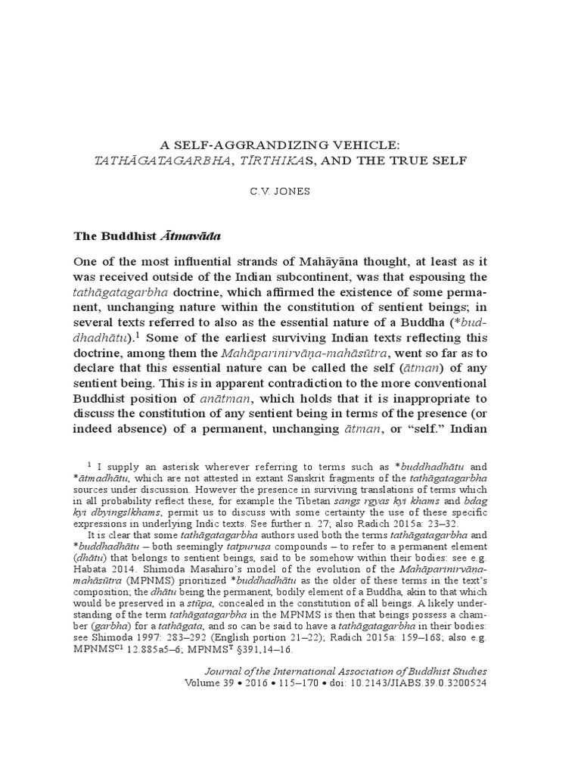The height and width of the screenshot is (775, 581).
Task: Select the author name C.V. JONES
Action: pyautogui.click(x=290, y=191)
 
